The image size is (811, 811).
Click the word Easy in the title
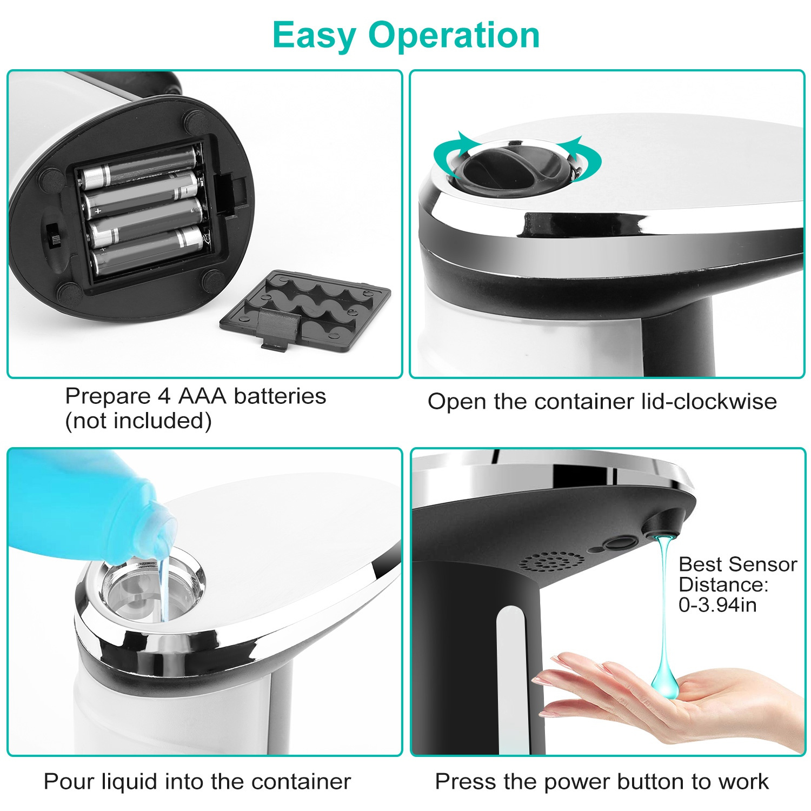point(314,36)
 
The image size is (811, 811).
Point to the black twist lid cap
point(514,165)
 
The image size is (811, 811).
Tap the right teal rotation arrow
point(584,157)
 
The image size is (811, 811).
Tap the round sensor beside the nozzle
point(620,542)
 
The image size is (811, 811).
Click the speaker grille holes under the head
point(551,562)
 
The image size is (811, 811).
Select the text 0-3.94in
point(717,604)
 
